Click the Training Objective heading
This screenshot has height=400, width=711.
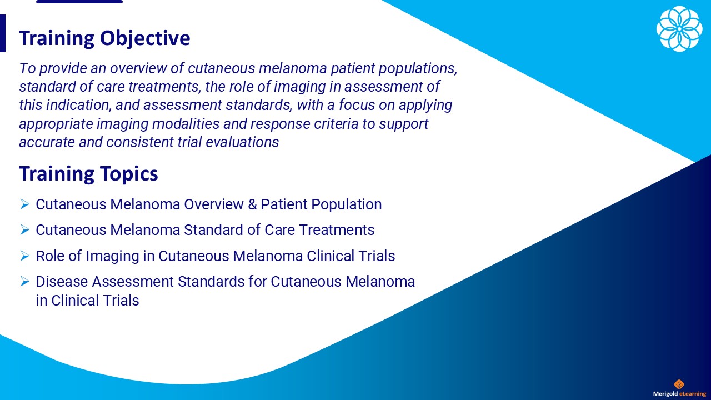(x=104, y=38)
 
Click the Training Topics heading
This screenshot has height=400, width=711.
(x=88, y=174)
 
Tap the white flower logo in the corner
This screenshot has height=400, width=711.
(x=679, y=28)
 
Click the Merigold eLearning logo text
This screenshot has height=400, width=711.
(x=679, y=394)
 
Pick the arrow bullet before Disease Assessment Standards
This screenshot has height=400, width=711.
(x=25, y=281)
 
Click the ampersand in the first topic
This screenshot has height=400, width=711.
(x=252, y=204)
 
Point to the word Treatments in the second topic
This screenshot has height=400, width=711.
(x=337, y=230)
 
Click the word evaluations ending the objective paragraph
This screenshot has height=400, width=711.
(x=242, y=142)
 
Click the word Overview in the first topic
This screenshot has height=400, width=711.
(x=214, y=204)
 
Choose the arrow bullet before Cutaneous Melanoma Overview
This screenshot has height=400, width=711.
(x=25, y=204)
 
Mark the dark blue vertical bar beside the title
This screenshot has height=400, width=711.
(x=3, y=33)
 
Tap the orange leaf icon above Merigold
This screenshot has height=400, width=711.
(x=679, y=384)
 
